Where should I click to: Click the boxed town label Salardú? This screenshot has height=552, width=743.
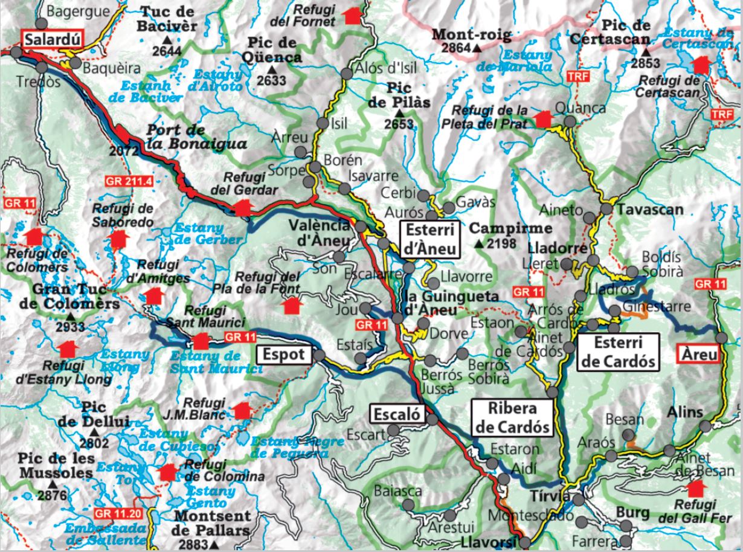tap(51, 40)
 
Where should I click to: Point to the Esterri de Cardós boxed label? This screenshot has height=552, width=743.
tap(617, 352)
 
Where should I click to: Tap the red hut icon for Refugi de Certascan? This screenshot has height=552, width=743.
tap(701, 64)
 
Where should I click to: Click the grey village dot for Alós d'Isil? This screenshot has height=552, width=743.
tap(347, 74)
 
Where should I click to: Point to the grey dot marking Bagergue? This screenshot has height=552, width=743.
tap(41, 24)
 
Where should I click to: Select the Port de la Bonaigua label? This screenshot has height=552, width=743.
tap(196, 136)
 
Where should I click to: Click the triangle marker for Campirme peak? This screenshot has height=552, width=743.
tap(479, 244)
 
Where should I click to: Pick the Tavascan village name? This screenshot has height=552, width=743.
tap(649, 210)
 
